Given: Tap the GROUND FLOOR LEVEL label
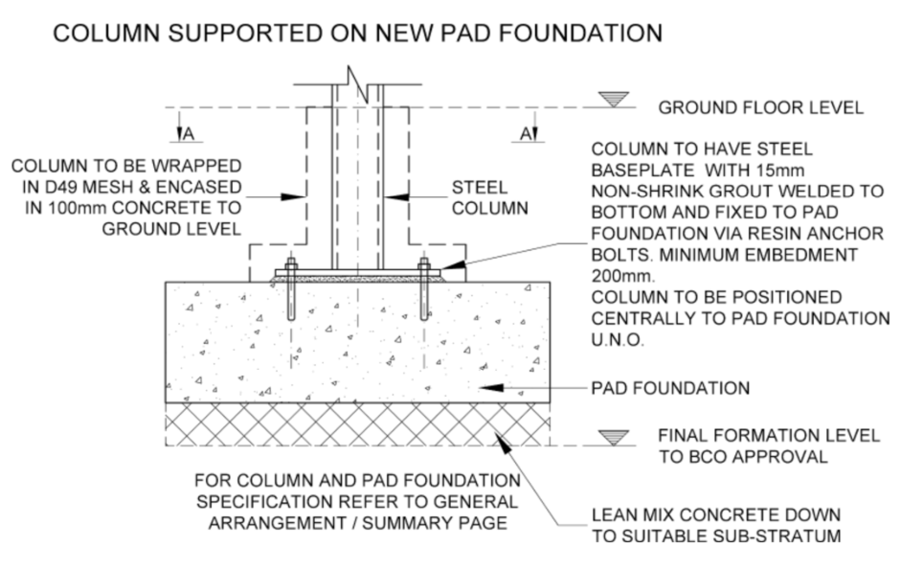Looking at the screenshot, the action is (761, 107).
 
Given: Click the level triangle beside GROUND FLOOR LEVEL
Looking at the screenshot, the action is (613, 100).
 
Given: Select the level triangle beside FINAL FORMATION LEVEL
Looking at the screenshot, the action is (613, 438).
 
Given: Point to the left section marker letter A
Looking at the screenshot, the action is (188, 134).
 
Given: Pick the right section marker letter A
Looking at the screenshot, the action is (527, 134).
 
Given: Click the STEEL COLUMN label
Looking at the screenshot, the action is (489, 197).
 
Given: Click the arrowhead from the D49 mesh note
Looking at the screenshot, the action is (293, 197).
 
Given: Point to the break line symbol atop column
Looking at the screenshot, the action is (357, 84).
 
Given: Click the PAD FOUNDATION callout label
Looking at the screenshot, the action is (670, 388).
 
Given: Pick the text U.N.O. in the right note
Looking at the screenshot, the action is (618, 339).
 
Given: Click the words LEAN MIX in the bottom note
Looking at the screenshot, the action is (635, 514).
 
